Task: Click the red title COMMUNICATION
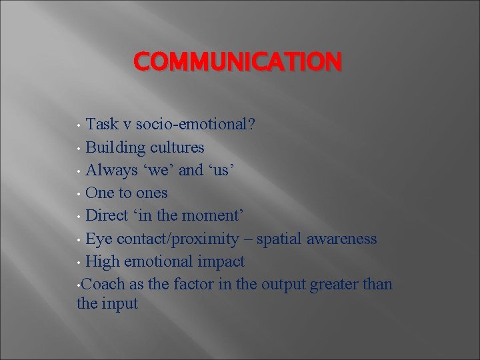[x=237, y=61]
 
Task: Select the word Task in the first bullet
[x=103, y=125]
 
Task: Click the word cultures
[x=177, y=147]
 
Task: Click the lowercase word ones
[x=150, y=193]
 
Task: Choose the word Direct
[x=109, y=216]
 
